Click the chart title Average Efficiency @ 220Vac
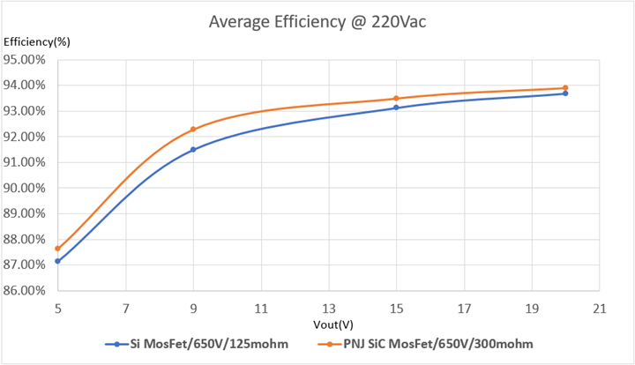317,22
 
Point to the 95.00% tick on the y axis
26,60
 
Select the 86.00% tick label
26,290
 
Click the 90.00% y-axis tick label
26,188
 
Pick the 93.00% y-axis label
26,111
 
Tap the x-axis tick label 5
57,309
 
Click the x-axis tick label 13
329,309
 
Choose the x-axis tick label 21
599,309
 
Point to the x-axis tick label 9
193,309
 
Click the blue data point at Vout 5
57,261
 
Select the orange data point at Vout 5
57,249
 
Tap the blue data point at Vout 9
193,150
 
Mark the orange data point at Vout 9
193,130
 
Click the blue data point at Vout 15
396,108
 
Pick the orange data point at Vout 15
396,99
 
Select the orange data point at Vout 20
565,88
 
